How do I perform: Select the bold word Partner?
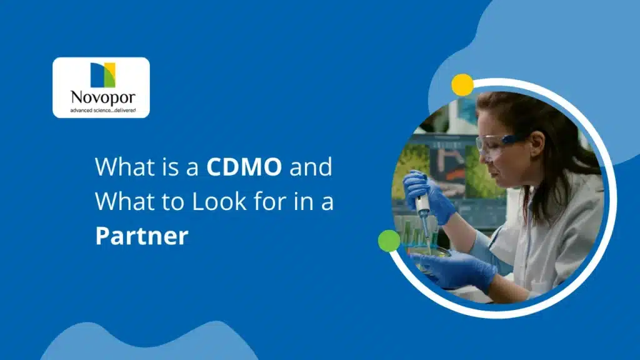(141, 236)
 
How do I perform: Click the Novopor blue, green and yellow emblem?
(102, 75)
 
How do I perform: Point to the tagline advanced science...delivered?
(101, 111)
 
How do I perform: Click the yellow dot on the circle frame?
(462, 85)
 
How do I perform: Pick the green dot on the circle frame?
(389, 241)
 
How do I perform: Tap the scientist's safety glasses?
(496, 143)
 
